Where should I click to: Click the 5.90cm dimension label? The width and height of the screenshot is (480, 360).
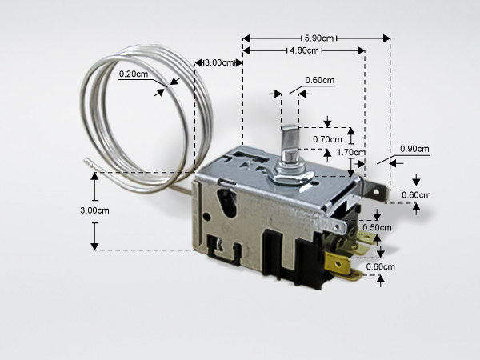319,38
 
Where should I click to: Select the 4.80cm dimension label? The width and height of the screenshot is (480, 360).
304,50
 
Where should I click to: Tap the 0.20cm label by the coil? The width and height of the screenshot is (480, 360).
134,74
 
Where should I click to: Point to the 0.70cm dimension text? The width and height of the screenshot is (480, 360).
327,139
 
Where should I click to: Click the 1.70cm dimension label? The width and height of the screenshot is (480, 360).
351,152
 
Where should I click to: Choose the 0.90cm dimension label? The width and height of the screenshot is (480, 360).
414,149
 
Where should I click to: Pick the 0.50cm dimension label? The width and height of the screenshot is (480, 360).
377,227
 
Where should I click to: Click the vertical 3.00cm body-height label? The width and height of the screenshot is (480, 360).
94,210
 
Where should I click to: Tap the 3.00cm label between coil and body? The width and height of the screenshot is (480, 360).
218,62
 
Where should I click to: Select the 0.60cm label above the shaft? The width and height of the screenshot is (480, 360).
319,80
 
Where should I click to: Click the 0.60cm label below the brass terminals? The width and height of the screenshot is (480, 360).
381,266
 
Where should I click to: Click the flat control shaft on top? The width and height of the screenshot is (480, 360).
290,143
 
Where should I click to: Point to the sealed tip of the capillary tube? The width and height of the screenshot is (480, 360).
87,159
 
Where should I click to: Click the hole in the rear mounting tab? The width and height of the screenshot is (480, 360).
376,192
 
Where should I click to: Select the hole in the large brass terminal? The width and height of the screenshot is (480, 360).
338,263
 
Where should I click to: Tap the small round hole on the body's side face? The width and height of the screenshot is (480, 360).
207,217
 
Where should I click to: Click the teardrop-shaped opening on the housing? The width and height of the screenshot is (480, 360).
227,202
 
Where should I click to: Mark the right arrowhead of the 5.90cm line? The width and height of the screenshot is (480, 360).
386,38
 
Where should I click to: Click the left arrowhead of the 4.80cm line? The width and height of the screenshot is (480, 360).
246,50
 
